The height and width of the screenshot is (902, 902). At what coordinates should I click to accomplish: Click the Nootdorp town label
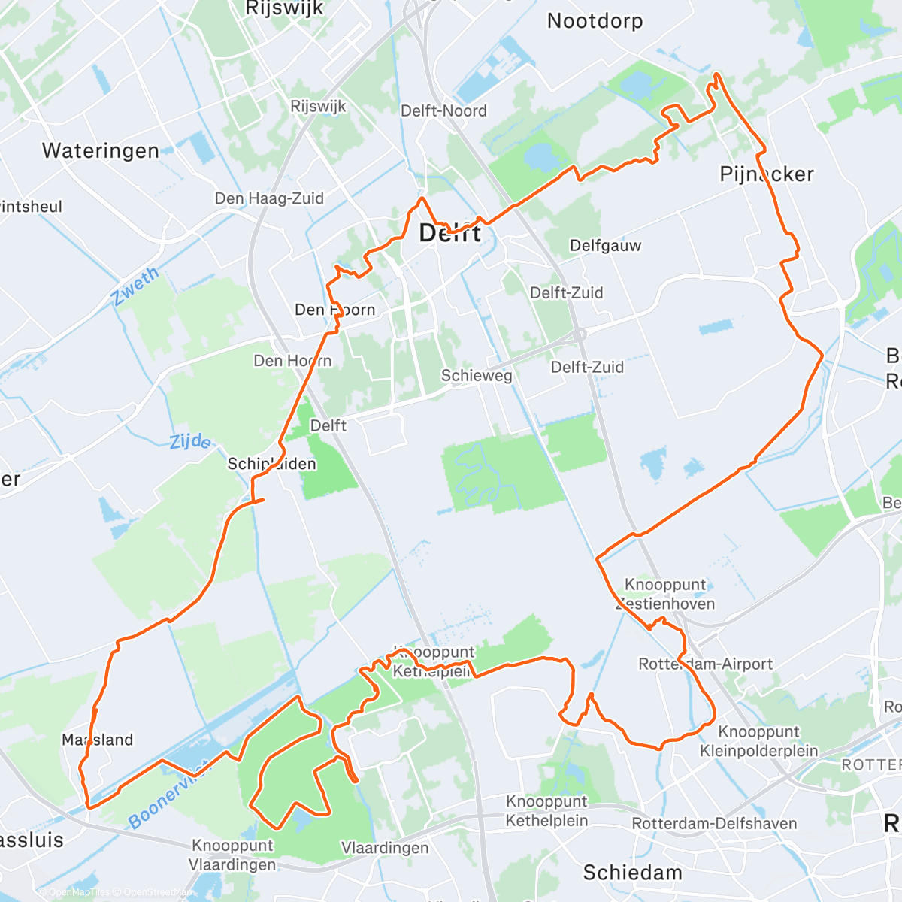[595, 21]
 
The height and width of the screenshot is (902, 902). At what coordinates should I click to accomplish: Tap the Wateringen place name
[101, 151]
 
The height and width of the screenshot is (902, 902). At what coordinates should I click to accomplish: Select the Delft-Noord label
[443, 111]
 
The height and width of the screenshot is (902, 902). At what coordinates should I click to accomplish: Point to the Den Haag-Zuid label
[269, 199]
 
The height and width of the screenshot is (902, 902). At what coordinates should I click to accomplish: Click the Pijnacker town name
[767, 174]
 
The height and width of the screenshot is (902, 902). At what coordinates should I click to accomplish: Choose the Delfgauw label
[605, 246]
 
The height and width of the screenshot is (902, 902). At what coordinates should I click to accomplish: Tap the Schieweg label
[477, 375]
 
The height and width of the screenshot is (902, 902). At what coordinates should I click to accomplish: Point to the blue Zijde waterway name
[189, 441]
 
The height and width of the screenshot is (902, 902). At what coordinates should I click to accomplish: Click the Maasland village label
[98, 740]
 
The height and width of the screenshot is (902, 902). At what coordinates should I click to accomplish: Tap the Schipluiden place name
[271, 464]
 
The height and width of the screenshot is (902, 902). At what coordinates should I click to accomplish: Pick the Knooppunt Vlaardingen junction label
[233, 855]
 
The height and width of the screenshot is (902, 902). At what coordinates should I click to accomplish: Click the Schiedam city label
[633, 873]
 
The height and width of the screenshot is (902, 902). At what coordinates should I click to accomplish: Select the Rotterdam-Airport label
[705, 664]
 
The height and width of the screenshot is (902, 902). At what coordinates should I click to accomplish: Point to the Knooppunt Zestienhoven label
[665, 594]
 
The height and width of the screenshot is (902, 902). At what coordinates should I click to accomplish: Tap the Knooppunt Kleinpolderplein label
[759, 741]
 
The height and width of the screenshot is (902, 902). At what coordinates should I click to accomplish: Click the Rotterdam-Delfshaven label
[714, 824]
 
